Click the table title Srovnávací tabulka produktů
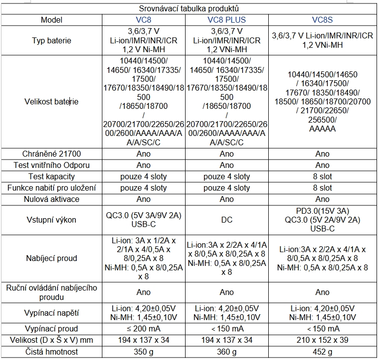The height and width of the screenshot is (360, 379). point(189,8)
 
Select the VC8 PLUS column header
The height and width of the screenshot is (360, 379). point(226,20)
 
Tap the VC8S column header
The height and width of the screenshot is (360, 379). point(322,20)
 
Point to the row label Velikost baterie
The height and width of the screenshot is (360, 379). point(51,101)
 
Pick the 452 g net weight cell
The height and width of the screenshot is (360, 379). point(322,352)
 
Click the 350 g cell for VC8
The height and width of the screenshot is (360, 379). point(143,352)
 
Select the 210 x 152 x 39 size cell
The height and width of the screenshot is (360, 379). point(322,340)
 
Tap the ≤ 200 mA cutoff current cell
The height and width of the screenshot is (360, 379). point(143,328)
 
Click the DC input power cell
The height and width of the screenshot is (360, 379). point(226,220)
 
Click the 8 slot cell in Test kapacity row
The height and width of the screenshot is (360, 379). point(322,176)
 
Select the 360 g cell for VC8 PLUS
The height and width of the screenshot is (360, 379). point(226,352)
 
